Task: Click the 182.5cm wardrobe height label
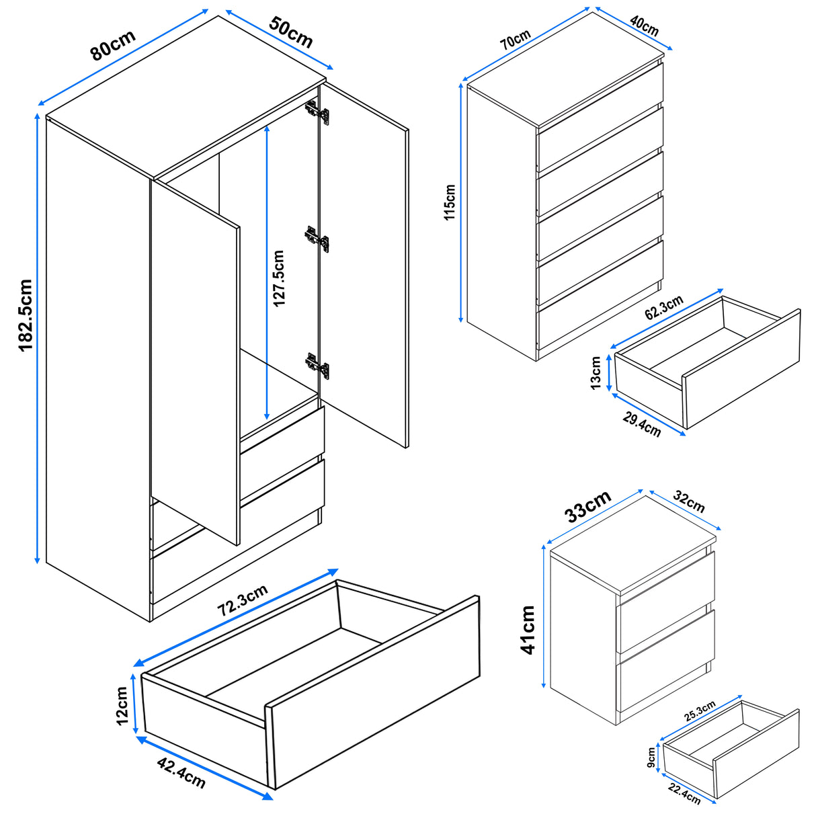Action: pyautogui.click(x=25, y=315)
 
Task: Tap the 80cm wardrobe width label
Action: pyautogui.click(x=113, y=45)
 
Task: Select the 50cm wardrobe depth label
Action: pyautogui.click(x=291, y=31)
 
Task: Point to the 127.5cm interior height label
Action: pyautogui.click(x=279, y=278)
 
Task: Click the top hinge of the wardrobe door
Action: pyautogui.click(x=317, y=112)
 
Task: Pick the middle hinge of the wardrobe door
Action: pyautogui.click(x=317, y=238)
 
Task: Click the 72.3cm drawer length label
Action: pyautogui.click(x=243, y=600)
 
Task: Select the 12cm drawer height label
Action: pyautogui.click(x=122, y=705)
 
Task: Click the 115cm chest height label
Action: pyautogui.click(x=450, y=202)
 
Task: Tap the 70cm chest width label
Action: pyautogui.click(x=516, y=40)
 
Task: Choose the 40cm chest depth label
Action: pyautogui.click(x=644, y=26)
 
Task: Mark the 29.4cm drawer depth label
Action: pyautogui.click(x=641, y=424)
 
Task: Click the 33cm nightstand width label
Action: pyautogui.click(x=587, y=506)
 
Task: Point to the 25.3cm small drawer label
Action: pyautogui.click(x=700, y=711)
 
